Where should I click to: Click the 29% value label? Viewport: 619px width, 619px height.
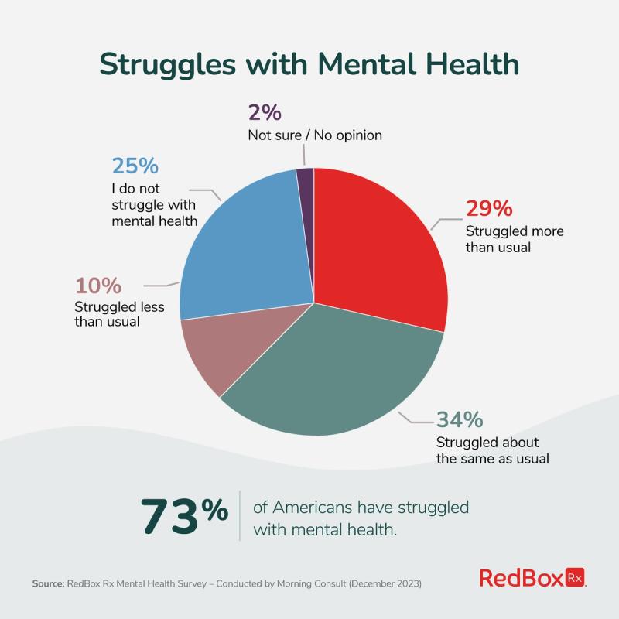pos(489,209)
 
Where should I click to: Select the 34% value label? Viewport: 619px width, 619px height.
pos(460,419)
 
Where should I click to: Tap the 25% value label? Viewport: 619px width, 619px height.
pos(135,166)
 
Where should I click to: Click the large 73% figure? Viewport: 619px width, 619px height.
pos(184,517)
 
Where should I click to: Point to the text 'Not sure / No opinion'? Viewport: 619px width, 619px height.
pos(315,135)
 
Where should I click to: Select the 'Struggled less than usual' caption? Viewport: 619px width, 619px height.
pos(120,314)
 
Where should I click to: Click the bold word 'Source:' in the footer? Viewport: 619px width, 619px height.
pos(50,583)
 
